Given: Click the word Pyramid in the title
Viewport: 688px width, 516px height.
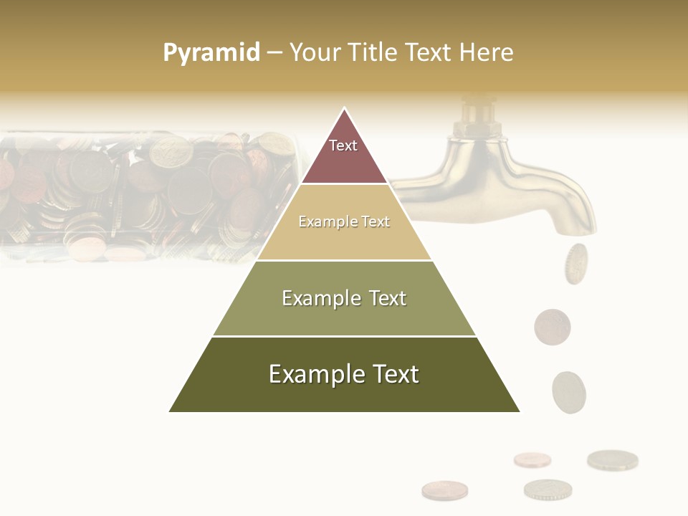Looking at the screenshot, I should (x=211, y=53).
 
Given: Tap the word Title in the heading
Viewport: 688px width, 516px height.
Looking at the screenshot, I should (x=377, y=53).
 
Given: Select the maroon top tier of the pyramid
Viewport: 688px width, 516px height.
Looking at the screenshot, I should (x=344, y=154).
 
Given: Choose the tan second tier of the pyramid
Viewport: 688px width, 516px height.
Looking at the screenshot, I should (x=344, y=222).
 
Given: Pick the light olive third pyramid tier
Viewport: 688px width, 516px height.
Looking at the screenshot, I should (x=344, y=298).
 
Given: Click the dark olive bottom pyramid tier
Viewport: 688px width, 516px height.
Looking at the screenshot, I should (x=344, y=375).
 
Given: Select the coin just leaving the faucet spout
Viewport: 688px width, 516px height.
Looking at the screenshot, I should (x=575, y=264).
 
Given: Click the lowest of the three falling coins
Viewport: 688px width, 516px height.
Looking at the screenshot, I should (x=569, y=392).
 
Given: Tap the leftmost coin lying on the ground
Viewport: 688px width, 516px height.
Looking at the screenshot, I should (x=444, y=490).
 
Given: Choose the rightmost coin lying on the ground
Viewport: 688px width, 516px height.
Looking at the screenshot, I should (x=612, y=459).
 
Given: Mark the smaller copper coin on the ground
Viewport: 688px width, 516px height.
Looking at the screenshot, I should (x=532, y=459).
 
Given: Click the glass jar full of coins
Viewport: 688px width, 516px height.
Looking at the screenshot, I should (x=143, y=193).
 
